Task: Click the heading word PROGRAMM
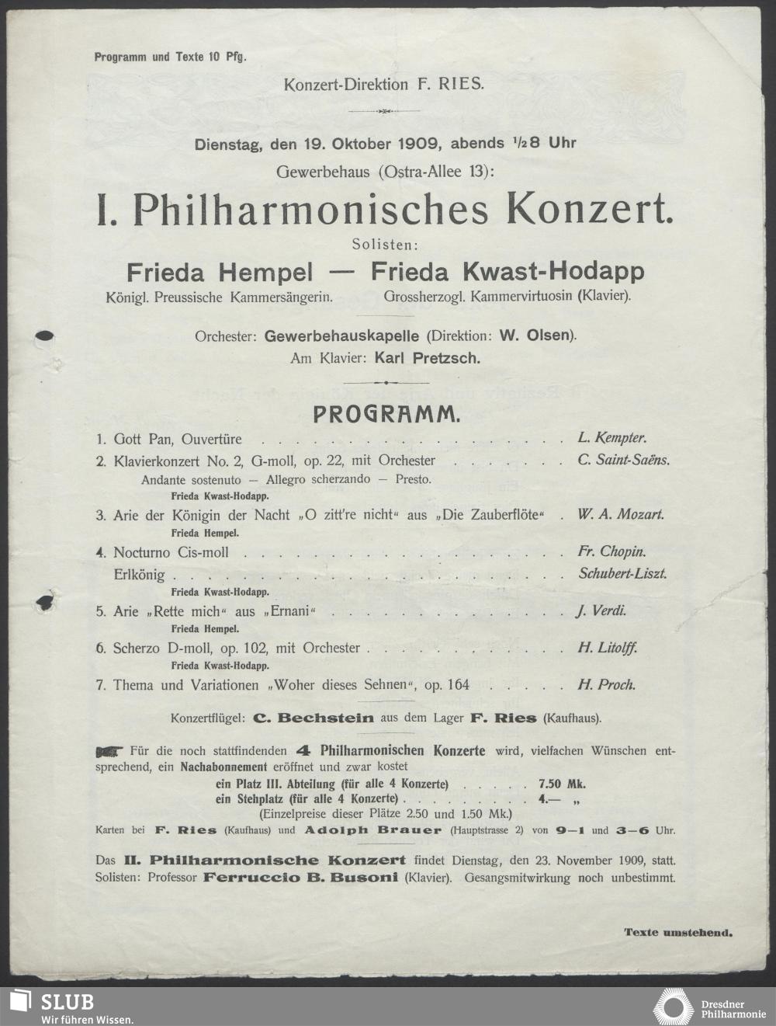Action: click(386, 415)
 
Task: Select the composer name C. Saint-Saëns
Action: click(623, 460)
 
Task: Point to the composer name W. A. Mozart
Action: click(621, 515)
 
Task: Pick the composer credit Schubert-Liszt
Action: click(622, 574)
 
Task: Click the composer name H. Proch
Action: click(606, 685)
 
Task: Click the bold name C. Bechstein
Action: click(314, 719)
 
